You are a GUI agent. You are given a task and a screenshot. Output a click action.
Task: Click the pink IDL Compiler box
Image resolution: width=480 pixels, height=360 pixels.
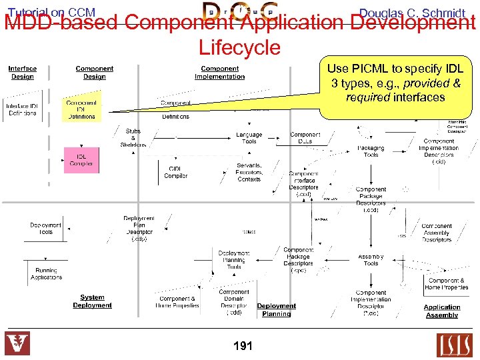(x=81, y=160)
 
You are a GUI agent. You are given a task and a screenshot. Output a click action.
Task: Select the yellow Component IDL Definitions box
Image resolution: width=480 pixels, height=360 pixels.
(x=81, y=110)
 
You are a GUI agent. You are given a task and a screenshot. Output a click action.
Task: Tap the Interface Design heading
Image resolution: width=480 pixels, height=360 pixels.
(x=23, y=73)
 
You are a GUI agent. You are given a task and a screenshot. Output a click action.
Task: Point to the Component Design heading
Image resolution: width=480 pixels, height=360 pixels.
(x=94, y=73)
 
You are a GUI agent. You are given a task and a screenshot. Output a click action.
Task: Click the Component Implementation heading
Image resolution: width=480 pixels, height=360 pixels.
(x=219, y=73)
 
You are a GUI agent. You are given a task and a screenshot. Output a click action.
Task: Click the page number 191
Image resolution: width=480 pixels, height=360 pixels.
(x=243, y=346)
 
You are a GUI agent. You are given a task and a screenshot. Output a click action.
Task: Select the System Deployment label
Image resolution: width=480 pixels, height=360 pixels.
(x=92, y=301)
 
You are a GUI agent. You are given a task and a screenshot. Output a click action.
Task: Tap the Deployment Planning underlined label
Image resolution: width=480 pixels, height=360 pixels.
(x=276, y=310)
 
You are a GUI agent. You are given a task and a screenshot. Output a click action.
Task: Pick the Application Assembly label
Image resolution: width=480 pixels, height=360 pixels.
(x=441, y=311)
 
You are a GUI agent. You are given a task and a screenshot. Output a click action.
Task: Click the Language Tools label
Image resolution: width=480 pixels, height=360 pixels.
(x=249, y=138)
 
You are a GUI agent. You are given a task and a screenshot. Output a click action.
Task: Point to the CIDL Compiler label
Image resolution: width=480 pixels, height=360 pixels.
(x=176, y=172)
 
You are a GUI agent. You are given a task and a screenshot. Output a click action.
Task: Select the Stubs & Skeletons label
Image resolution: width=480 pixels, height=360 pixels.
(x=133, y=138)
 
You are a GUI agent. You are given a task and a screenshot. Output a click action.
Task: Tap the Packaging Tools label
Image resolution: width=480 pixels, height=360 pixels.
(x=371, y=151)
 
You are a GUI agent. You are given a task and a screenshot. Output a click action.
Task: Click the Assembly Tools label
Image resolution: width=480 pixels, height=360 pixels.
(x=371, y=260)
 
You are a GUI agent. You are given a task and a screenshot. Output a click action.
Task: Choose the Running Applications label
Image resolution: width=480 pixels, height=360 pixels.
(x=46, y=274)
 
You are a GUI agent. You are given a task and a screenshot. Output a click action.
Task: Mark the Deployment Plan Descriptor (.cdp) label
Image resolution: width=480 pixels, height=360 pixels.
(x=139, y=228)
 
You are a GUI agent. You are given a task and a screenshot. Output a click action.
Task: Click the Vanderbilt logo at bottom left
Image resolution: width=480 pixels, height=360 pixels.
(x=17, y=345)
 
